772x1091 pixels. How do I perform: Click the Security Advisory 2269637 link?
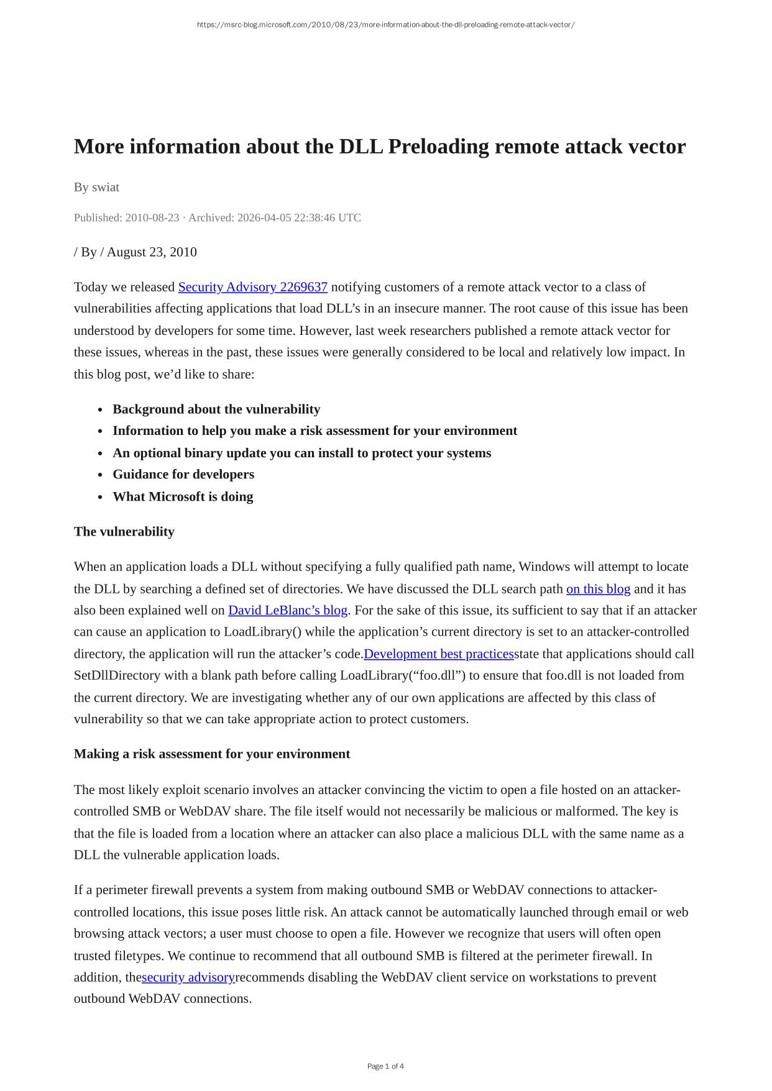(252, 287)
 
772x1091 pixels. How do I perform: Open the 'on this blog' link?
(598, 589)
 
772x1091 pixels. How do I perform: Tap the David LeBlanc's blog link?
(288, 610)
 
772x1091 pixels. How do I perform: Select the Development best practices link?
(439, 654)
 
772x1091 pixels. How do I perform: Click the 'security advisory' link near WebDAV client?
(188, 977)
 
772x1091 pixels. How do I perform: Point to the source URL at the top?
(385, 25)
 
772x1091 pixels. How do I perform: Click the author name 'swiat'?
(106, 187)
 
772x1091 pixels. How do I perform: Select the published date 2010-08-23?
(152, 217)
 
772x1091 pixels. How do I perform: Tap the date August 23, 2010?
(152, 252)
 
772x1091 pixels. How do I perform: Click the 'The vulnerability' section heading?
(124, 531)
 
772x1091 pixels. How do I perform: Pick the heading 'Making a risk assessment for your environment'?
(212, 754)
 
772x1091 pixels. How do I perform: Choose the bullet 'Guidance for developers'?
(183, 474)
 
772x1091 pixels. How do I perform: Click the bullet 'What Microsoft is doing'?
(183, 496)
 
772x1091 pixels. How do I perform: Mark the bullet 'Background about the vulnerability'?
(216, 409)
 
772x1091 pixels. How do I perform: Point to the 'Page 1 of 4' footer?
(385, 1066)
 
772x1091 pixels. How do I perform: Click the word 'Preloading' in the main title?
(439, 147)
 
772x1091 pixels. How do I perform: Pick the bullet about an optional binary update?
(301, 453)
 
